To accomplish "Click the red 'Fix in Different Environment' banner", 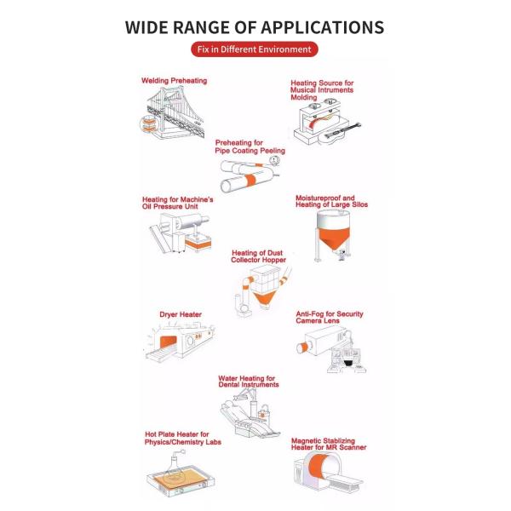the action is pyautogui.click(x=254, y=49).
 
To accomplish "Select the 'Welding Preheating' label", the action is pyautogui.click(x=174, y=81).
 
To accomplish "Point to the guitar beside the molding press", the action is pyautogui.click(x=342, y=132).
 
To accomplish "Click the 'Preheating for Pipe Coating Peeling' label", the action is pyautogui.click(x=250, y=146).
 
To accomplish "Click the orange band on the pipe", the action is pyautogui.click(x=250, y=181).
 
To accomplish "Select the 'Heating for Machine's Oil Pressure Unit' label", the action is pyautogui.click(x=178, y=203).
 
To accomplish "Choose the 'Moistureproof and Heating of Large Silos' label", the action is pyautogui.click(x=332, y=201).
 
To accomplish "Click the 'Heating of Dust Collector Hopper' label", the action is pyautogui.click(x=258, y=256).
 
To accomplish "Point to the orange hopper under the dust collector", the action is pyautogui.click(x=264, y=298).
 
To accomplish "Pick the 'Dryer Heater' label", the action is pyautogui.click(x=181, y=314).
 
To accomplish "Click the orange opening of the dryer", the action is pyautogui.click(x=168, y=342).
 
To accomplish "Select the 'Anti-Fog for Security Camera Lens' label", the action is pyautogui.click(x=330, y=318).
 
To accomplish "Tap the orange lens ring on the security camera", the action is pyautogui.click(x=304, y=347).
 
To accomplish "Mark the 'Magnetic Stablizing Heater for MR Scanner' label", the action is pyautogui.click(x=329, y=445).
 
